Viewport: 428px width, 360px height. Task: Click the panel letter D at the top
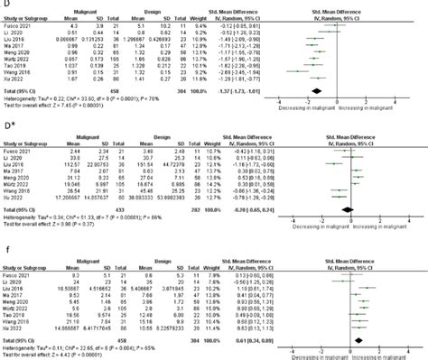[5, 5]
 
